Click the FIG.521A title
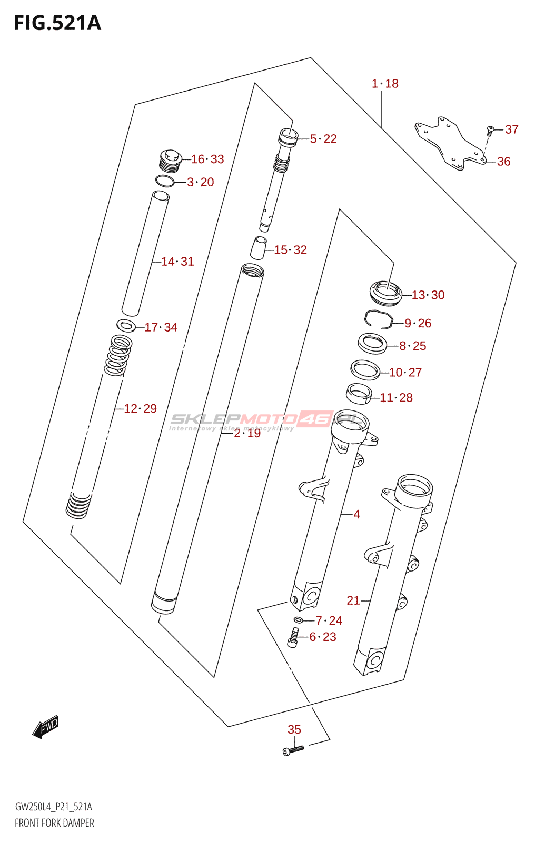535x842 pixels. [x=57, y=23]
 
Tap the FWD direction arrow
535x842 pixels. [x=46, y=727]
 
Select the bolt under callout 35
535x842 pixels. [x=293, y=749]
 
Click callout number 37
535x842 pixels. [x=511, y=129]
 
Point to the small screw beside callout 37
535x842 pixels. [x=490, y=129]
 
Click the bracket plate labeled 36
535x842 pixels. [x=450, y=143]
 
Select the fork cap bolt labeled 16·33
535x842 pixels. [x=170, y=161]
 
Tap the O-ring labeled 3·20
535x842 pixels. [x=165, y=182]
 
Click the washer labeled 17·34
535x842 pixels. [x=126, y=326]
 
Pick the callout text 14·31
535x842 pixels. [x=177, y=262]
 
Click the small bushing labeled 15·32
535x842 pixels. [x=258, y=248]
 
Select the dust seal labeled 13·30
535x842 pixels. [x=386, y=293]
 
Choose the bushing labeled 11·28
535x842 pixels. [x=359, y=394]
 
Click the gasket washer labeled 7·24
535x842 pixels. [x=299, y=619]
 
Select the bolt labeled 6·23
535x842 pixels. [x=293, y=637]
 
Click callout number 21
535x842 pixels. [x=353, y=600]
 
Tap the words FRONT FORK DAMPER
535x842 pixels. [x=54, y=823]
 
